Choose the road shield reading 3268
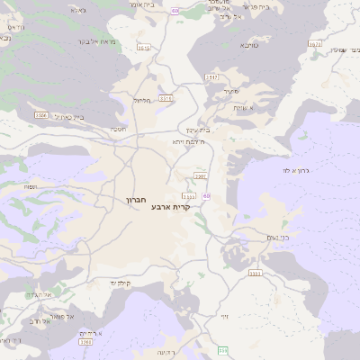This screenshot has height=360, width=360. [86, 342]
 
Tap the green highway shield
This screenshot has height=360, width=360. [222, 350]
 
